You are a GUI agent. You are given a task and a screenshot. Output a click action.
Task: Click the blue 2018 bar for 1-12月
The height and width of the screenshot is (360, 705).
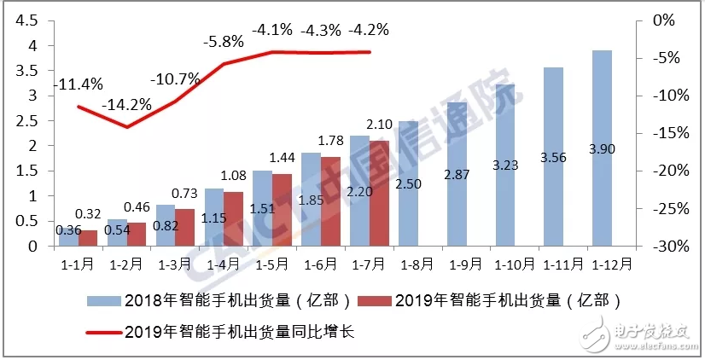pos(602,148)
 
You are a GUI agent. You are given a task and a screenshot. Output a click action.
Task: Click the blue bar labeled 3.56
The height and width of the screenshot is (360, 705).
pos(553,157)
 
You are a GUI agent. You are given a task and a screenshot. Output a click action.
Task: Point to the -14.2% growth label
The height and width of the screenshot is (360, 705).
pos(127,106)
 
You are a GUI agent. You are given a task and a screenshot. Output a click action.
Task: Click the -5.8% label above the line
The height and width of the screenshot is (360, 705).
pos(224,40)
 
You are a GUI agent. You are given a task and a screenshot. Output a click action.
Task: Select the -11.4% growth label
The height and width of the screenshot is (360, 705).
pos(78,84)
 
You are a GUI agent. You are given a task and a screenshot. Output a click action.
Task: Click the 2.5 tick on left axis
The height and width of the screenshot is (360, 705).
pos(26,120)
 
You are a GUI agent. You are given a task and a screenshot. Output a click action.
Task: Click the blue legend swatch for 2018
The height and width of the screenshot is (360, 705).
pos(103,301)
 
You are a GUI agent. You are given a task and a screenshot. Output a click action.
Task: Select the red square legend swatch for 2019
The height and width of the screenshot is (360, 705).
pos(375,301)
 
